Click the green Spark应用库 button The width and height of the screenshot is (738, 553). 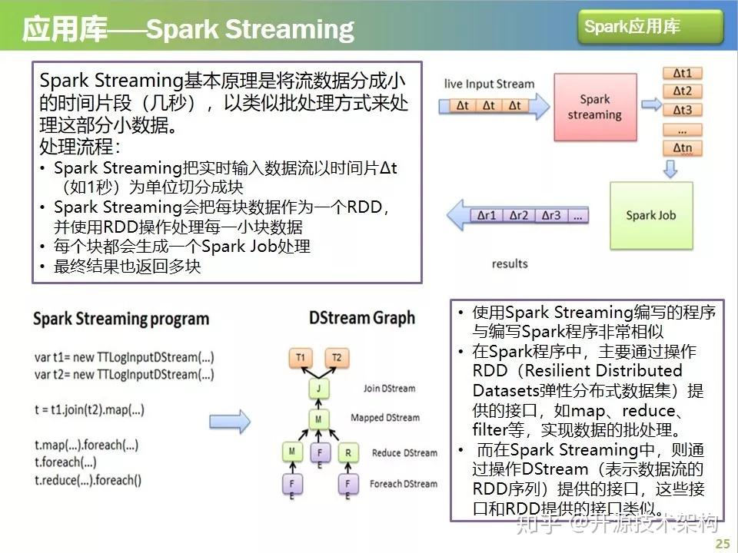click(650, 27)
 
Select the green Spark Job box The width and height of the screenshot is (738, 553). click(650, 215)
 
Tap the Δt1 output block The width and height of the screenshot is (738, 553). click(682, 74)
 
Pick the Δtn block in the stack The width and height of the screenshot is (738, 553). click(682, 147)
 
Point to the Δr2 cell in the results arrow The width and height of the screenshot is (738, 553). click(519, 216)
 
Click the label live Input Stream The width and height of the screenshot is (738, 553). click(489, 84)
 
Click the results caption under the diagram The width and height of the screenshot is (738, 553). click(510, 263)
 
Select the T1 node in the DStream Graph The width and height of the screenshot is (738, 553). click(301, 357)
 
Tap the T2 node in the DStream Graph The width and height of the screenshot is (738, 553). click(336, 357)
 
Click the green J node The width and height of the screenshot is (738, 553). click(318, 389)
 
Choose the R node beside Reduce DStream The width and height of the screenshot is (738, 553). click(348, 453)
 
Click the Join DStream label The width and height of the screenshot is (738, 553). click(389, 389)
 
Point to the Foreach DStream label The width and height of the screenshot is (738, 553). click(404, 484)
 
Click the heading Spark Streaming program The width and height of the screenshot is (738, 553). click(121, 319)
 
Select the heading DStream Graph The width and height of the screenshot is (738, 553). click(361, 318)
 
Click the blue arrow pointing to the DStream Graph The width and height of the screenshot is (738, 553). click(230, 421)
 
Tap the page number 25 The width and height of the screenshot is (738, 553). click(722, 544)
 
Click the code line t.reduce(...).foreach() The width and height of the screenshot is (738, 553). click(88, 481)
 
